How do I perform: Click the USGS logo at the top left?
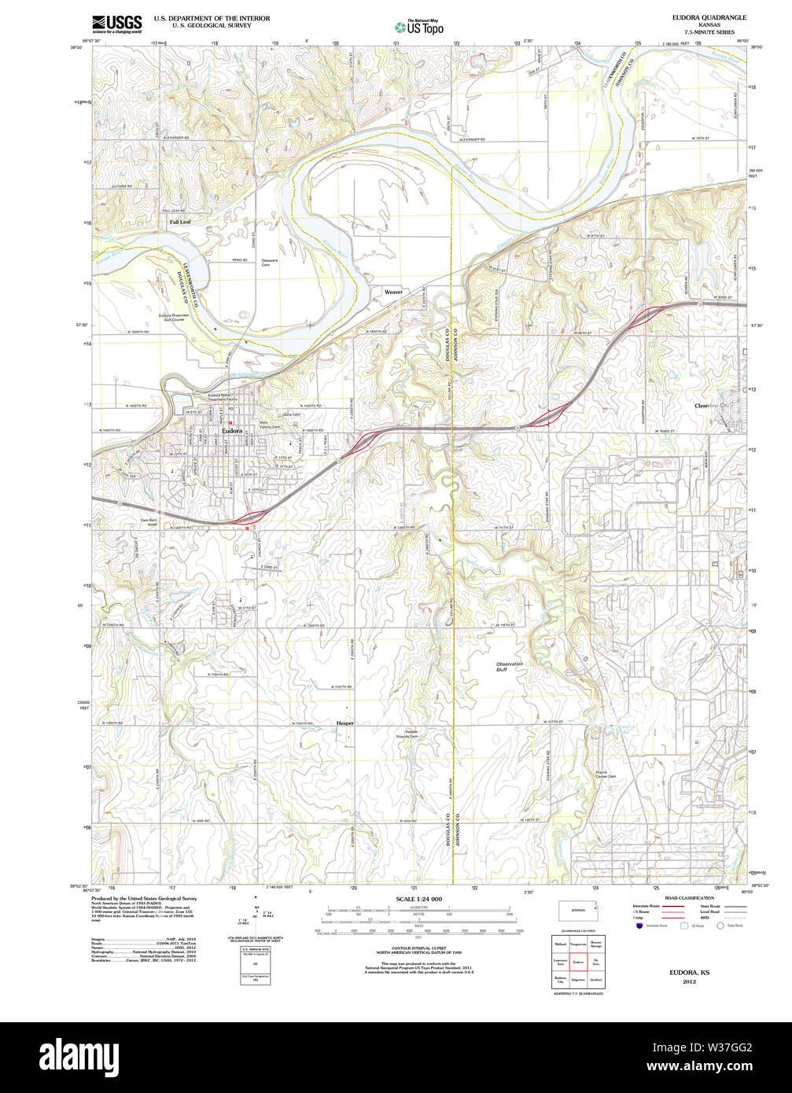point(117,23)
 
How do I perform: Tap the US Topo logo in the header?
point(418,26)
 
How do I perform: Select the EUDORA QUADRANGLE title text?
point(709,17)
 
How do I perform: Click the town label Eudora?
point(232,431)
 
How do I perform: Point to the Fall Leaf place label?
point(180,223)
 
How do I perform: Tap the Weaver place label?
point(393,292)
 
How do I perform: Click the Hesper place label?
point(345,723)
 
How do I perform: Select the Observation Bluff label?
point(510,667)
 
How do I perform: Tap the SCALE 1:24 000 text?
point(418,899)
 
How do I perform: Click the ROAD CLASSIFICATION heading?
point(689,898)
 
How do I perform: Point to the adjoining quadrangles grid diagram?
point(578,962)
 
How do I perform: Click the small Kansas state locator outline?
point(578,911)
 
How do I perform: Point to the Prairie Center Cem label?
point(603,775)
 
